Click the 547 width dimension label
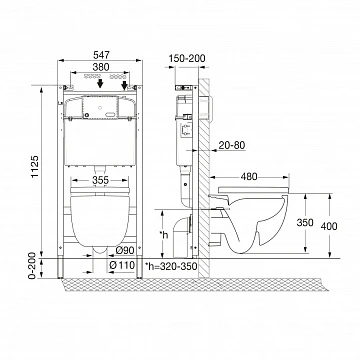point(100,54)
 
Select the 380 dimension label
point(101,67)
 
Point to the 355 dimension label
point(100,180)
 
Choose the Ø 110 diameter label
point(122,265)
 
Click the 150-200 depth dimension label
point(187,58)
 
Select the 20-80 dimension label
point(232,145)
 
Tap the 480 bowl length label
point(249,176)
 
